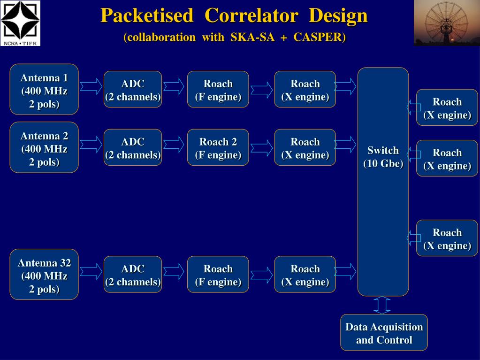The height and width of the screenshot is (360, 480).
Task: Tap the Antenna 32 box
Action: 44,275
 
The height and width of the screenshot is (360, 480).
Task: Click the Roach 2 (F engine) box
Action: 218,147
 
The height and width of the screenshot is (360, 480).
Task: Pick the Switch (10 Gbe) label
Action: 383,157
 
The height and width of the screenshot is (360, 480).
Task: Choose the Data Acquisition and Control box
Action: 384,333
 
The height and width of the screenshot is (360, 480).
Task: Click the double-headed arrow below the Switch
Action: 382,305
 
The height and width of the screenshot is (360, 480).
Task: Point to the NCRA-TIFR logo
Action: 21,23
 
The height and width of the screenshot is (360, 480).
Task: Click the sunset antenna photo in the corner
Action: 446,23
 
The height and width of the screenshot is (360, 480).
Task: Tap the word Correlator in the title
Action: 251,15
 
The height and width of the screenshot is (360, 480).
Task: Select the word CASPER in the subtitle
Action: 320,38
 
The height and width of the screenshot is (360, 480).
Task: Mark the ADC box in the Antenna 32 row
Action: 133,275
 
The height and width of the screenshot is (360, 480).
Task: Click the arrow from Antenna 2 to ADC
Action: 91,145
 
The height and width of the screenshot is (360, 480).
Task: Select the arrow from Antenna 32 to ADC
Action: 91,272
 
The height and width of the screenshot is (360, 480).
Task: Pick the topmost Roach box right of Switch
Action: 447,107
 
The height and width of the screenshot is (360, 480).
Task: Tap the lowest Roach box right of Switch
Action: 447,238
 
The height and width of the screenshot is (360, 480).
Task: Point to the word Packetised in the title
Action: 147,15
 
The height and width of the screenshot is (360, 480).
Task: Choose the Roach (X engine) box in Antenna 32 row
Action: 305,275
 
